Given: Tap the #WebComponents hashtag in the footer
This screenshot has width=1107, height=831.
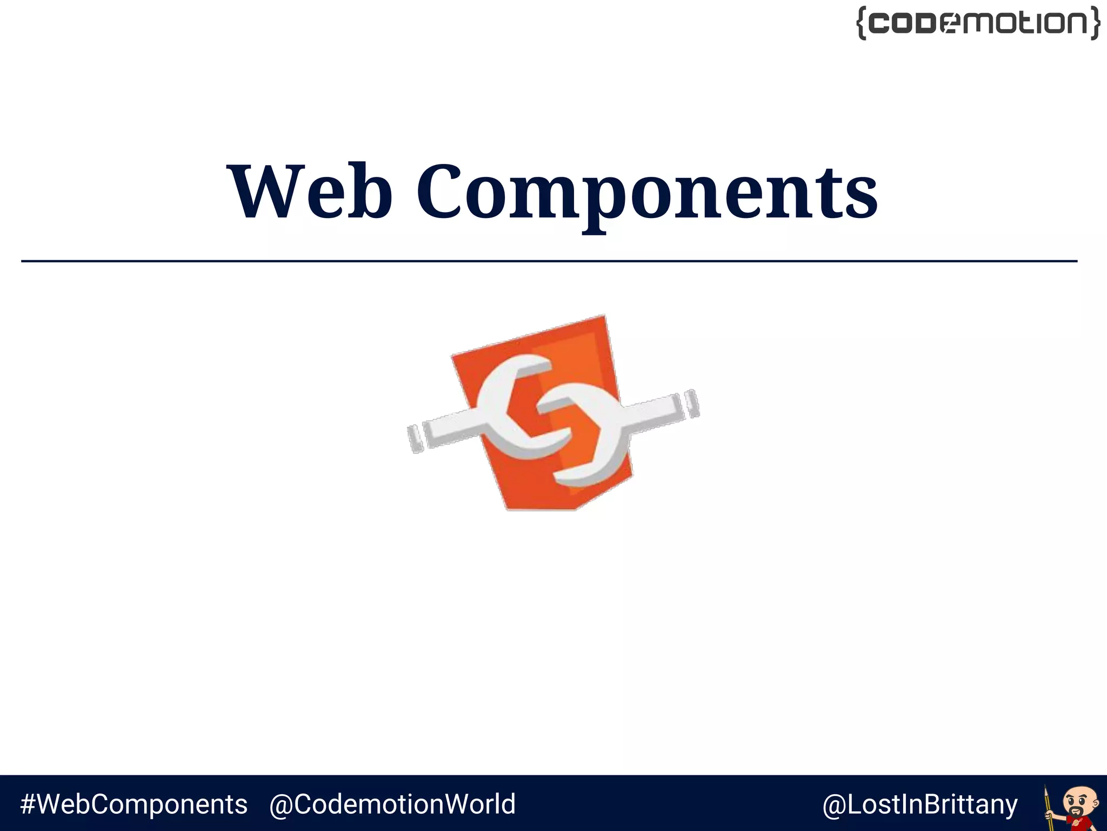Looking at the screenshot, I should click(x=134, y=804).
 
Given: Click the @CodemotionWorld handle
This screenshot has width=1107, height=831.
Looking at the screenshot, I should click(x=392, y=804).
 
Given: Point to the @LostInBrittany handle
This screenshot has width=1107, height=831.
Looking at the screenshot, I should click(x=919, y=804).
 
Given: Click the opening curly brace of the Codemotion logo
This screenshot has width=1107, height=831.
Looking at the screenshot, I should click(x=862, y=23).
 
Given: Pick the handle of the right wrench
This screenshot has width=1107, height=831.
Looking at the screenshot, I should click(x=651, y=413).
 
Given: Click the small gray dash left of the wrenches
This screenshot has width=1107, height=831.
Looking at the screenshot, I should click(x=415, y=438).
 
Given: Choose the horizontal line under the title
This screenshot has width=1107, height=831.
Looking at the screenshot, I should click(x=549, y=261).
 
